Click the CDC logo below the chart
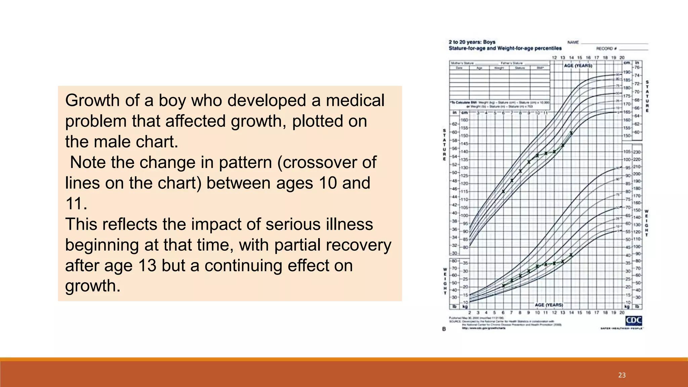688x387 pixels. [x=634, y=321]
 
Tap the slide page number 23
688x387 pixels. [x=622, y=375]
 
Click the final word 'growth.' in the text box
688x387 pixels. [x=93, y=286]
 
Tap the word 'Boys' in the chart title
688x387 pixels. [x=489, y=42]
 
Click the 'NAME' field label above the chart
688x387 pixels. [x=573, y=42]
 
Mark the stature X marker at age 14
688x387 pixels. [x=571, y=133]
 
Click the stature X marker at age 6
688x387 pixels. [x=503, y=191]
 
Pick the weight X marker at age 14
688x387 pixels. [x=571, y=255]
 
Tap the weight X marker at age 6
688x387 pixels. [x=503, y=286]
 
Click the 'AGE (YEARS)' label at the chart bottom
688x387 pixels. [x=549, y=305]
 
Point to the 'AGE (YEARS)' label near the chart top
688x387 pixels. [x=578, y=66]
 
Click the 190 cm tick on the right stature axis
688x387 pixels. [x=627, y=72]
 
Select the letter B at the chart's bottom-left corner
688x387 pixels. [x=444, y=329]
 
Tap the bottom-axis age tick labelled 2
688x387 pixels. [x=470, y=312]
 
